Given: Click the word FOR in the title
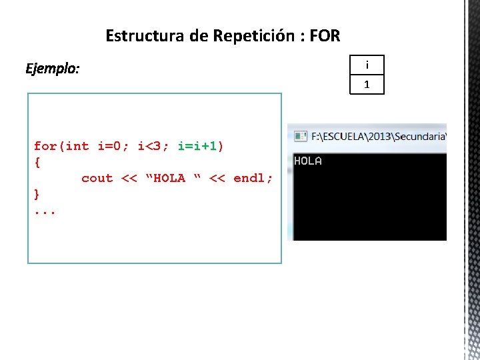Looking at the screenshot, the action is pos(325,35).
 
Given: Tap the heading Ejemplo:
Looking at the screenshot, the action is pos(52,69).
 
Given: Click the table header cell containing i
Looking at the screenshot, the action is pos(367,65).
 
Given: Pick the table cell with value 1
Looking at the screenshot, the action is pos(367,85).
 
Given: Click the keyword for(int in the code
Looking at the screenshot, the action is pos(61,145).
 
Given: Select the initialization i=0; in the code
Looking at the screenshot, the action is pos(113,145).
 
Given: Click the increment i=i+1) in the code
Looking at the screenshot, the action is pos(201,145).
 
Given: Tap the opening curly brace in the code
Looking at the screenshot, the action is pos(37,162).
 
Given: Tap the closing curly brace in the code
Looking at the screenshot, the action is pos(37,194).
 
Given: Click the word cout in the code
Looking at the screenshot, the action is pos(97,178).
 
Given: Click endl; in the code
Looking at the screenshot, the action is pos(253,178).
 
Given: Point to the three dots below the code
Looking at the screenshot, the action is pos(45,210).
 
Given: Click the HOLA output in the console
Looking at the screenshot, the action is pos(308,161).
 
